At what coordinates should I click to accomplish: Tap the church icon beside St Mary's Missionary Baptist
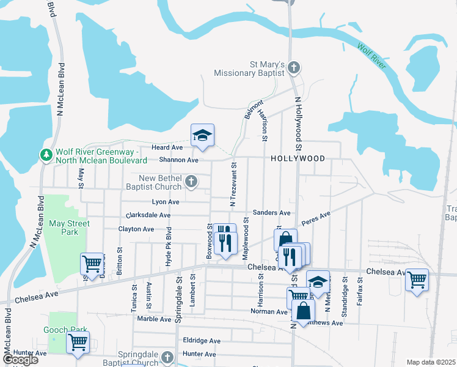coord(294,67)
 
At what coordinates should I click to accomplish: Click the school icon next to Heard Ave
coord(202,136)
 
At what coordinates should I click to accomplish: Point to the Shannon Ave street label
coord(179,160)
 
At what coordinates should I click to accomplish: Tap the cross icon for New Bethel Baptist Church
coord(192,181)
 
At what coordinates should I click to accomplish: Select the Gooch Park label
coord(63,329)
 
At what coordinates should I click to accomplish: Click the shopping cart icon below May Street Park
coord(92,265)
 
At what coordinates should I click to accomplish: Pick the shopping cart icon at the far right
coord(417,280)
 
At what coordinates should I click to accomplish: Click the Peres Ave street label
coord(316,219)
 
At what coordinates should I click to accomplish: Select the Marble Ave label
coord(154,319)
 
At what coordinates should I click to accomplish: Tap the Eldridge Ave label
coord(202,340)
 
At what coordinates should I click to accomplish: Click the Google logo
coord(20,360)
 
